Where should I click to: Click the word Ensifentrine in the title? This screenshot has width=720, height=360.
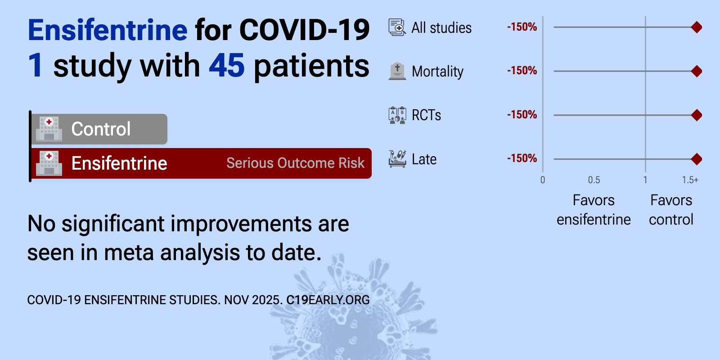[108, 30]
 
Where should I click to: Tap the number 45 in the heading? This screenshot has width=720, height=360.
[227, 66]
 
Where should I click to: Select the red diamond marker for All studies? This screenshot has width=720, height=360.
[697, 27]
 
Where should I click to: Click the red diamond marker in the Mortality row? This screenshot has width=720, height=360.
[697, 71]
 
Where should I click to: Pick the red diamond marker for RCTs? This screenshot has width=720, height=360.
[697, 115]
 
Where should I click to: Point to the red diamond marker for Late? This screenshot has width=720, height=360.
[697, 159]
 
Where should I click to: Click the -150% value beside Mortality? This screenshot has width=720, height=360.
[522, 70]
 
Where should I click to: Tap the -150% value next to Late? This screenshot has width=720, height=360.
[522, 158]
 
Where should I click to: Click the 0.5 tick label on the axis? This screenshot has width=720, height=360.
[594, 180]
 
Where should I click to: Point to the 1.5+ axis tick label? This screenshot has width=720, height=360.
[690, 180]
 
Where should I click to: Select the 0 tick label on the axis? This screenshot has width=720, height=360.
[543, 180]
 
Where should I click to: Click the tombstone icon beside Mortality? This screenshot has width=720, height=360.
[397, 71]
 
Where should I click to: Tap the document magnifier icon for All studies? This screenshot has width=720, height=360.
[397, 27]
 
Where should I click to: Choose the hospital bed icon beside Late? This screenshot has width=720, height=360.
[397, 159]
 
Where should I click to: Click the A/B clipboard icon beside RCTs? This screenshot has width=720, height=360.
[397, 115]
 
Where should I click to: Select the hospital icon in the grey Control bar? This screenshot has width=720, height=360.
[49, 129]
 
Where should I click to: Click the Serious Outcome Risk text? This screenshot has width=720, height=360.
[295, 163]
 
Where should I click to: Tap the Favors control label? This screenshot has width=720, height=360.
[671, 210]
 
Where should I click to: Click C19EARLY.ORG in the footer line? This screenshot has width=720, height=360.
[328, 300]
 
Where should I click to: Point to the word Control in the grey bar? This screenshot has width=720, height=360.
[101, 129]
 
